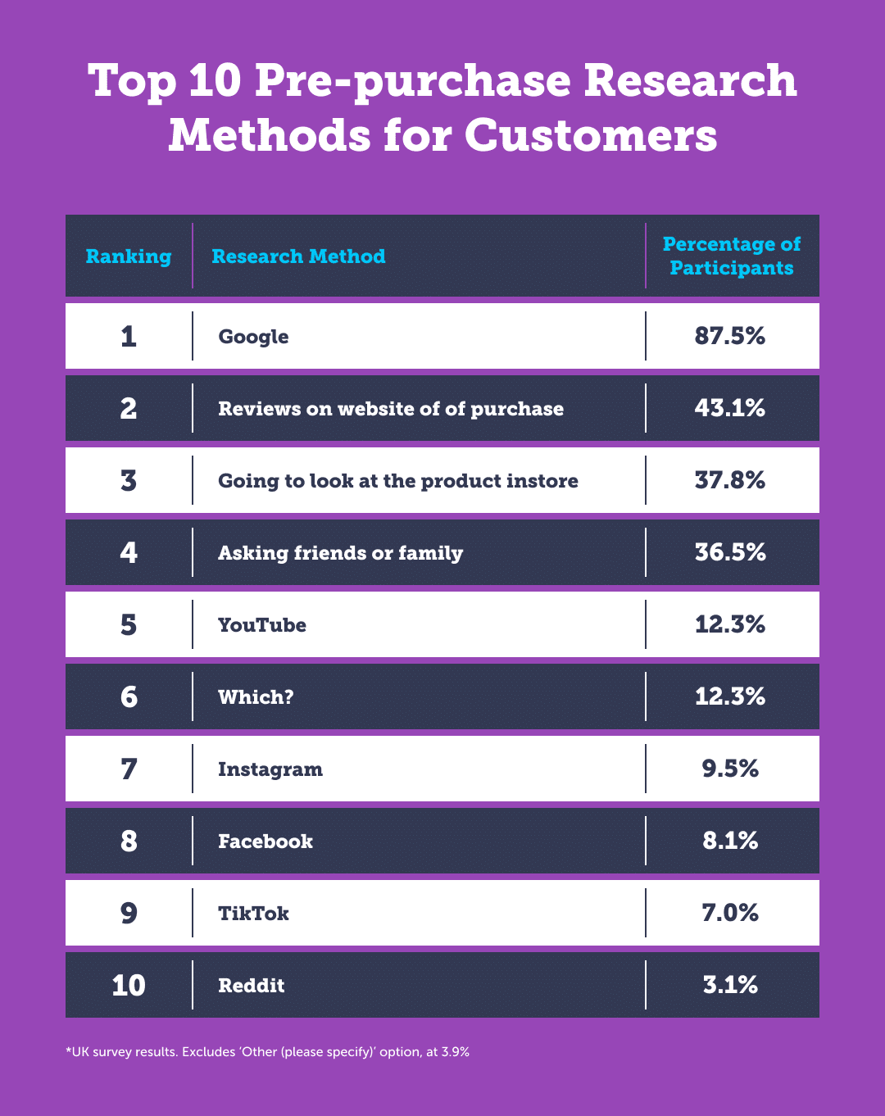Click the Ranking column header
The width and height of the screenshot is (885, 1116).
pos(129,256)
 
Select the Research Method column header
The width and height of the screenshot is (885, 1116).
pos(298,256)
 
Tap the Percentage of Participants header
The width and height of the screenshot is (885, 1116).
pos(731,256)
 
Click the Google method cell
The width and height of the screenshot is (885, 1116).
pos(253,337)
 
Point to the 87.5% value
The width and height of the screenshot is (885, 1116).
pos(729,336)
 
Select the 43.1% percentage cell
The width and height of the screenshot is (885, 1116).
pos(729,408)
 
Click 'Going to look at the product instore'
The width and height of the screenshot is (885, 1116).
pos(397,481)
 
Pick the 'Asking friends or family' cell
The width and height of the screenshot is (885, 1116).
pos(340,553)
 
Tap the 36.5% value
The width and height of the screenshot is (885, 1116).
pos(729,552)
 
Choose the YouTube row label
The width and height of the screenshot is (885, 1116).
pos(261,625)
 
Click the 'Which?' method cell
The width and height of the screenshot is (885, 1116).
pos(256,697)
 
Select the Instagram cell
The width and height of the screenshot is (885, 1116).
pos(270,769)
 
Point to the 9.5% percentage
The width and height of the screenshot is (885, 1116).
pos(729,769)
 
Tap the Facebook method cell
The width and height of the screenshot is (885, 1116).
pos(265,842)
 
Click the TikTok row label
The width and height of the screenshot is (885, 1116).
pos(253,914)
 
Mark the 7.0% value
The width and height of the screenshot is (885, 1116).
pos(729,913)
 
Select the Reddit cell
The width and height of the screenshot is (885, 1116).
pos(251,986)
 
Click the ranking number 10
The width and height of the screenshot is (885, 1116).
pos(129,985)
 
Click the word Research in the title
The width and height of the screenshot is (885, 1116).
pos(690,80)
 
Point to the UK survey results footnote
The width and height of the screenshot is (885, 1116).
pos(267,1052)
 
